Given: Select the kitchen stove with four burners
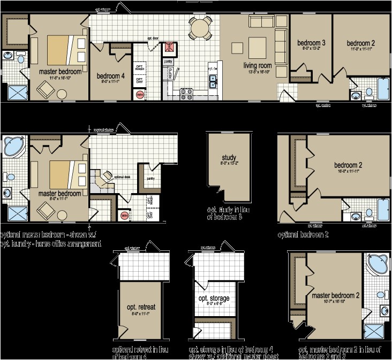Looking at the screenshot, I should point(187,94).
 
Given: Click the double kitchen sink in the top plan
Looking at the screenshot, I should point(213,82).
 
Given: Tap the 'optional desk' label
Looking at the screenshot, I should point(123,177).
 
